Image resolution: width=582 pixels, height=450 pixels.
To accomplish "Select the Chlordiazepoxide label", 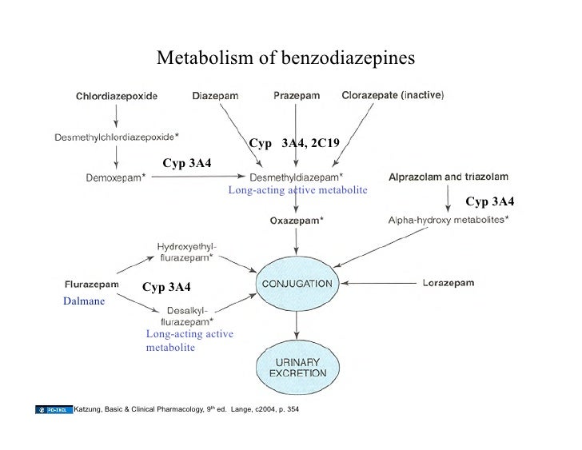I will coord(117,96).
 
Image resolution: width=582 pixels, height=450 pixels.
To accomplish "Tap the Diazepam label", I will coord(215,96).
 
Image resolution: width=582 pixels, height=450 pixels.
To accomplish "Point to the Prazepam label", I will coord(297,96).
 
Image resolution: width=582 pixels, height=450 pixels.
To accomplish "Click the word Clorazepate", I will coord(369,96).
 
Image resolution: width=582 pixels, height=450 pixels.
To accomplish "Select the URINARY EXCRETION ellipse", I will coord(296,366).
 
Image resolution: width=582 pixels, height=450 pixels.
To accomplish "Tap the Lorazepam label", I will coord(452,283).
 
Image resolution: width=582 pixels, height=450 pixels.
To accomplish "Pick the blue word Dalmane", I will coord(83,302).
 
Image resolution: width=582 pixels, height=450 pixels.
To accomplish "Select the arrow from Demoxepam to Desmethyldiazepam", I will coord(197,177).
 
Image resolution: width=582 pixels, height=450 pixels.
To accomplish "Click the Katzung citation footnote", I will coord(185,410).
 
